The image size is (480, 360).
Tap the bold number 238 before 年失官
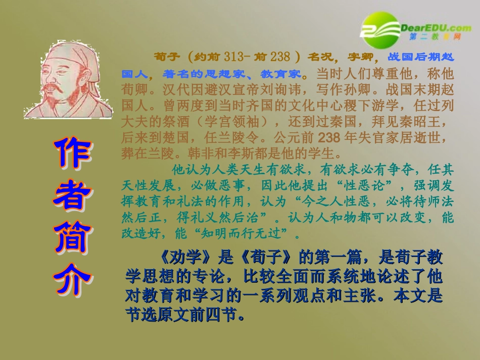(x=330, y=136)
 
